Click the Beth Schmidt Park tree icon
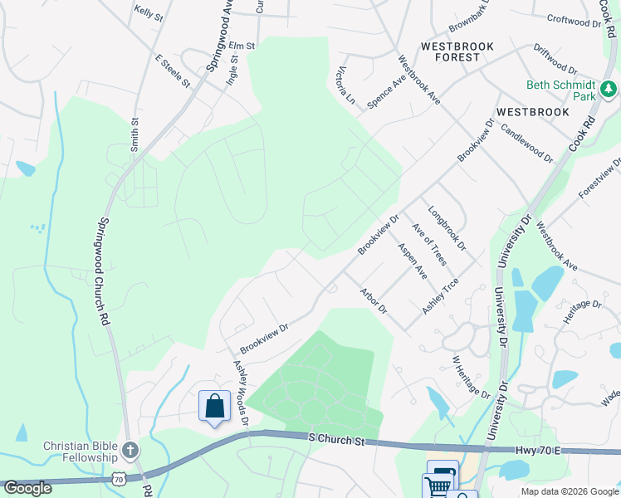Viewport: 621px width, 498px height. click(609, 88)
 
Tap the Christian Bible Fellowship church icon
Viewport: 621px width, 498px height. click(130, 451)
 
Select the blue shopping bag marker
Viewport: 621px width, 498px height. click(214, 407)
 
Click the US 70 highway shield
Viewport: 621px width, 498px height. click(119, 478)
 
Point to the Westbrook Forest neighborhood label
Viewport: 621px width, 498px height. click(450, 51)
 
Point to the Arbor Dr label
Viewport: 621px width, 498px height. click(374, 300)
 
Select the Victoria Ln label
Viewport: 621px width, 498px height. click(346, 86)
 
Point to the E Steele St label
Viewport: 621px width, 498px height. click(173, 71)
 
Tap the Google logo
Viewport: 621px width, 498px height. click(27, 488)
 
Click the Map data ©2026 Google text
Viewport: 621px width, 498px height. click(568, 491)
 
